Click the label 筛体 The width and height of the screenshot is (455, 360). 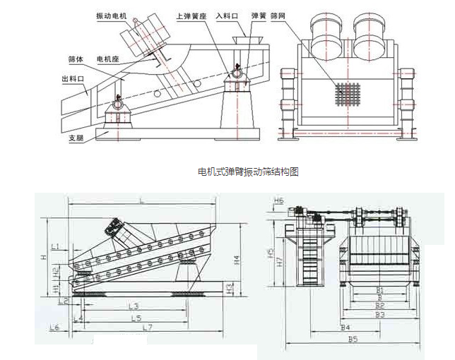click(x=76, y=59)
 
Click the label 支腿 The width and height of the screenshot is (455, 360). click(x=76, y=138)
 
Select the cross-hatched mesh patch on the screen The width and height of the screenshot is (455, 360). click(x=347, y=91)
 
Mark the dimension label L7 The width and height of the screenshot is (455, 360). click(x=147, y=328)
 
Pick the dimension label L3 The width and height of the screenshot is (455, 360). click(x=132, y=306)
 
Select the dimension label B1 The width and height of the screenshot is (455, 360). click(x=379, y=290)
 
